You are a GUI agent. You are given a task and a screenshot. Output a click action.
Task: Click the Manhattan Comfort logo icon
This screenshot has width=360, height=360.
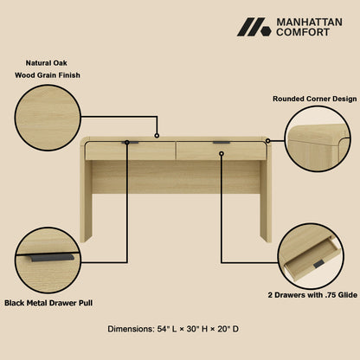tap(254, 27)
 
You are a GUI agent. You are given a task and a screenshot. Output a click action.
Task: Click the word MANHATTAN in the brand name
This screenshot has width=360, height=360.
tap(309, 21)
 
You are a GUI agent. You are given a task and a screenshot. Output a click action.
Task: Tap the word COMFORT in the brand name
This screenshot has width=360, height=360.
tap(302, 33)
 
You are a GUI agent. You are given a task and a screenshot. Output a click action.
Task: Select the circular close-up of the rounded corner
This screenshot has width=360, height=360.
tap(318, 139)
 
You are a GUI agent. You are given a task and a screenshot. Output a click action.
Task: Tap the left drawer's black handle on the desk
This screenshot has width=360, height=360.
tap(131, 143)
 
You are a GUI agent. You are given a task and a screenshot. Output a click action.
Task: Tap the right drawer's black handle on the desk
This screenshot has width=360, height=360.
tap(222, 143)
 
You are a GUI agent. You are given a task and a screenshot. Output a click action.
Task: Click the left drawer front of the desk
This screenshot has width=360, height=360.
tap(131, 151)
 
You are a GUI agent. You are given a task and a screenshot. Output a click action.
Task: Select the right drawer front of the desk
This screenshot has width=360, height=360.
tap(222, 151)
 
